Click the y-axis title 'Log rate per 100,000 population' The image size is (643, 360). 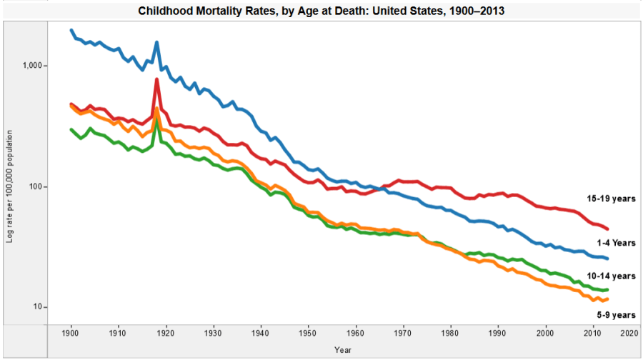(x=9, y=186)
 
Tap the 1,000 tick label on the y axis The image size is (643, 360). (x=34, y=66)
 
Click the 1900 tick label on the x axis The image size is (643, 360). (x=71, y=333)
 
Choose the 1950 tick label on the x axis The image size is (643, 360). (x=308, y=333)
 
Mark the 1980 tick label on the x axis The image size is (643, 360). (x=450, y=333)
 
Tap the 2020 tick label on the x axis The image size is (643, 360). (x=629, y=333)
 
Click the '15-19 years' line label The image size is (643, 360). (x=612, y=199)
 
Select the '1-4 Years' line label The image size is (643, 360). (x=615, y=243)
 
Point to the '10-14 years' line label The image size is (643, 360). (x=612, y=276)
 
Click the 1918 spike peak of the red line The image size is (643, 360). (x=156, y=80)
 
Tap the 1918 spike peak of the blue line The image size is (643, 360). (x=156, y=43)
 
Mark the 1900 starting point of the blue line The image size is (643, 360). (x=71, y=31)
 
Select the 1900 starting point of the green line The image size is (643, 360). (x=71, y=129)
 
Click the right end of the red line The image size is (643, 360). (x=607, y=229)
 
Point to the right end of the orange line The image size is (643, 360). (x=607, y=299)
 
